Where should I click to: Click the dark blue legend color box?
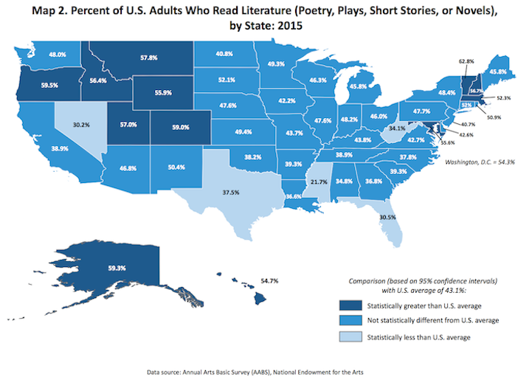click(353, 305)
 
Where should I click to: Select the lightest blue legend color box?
click(353, 337)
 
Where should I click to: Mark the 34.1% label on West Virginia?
click(396, 128)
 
